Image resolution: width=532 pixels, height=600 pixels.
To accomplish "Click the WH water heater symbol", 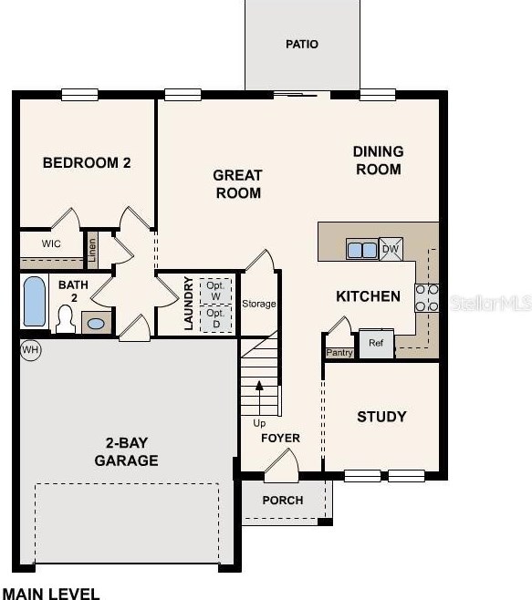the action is coord(31,350).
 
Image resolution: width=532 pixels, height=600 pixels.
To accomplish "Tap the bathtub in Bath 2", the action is coord(35,302).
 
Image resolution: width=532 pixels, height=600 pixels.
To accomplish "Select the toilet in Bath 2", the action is coord(66,318).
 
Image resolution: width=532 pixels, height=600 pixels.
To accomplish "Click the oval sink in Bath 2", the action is coord(96,324).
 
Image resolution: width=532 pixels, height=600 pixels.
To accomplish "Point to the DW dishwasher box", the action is coord(391,249).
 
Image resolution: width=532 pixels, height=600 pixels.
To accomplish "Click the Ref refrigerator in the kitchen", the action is coord(376,344).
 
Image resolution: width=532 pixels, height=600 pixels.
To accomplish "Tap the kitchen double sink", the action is coord(362,250).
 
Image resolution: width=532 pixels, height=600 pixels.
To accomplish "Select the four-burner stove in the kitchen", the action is coord(427,297).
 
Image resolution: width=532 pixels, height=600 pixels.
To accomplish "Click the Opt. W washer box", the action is coord(215,291).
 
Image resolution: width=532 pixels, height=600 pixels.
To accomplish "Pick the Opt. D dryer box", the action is coord(216,319).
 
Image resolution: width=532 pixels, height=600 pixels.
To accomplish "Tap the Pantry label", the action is coord(339,352).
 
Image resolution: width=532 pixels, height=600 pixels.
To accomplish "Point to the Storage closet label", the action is coord(259,304).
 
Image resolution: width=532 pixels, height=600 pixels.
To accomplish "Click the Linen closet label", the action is coord(92,250).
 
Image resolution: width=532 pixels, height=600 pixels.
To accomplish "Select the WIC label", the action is coord(51,243).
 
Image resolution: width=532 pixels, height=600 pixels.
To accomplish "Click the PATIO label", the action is coord(302,45).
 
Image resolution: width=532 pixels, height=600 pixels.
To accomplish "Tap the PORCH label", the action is coord(283,501).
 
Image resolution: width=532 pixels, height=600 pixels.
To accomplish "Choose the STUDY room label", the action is coord(381,417).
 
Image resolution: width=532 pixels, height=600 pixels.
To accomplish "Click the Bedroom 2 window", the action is coord(79,95).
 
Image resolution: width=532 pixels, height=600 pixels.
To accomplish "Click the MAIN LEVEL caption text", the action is coord(51,594).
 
